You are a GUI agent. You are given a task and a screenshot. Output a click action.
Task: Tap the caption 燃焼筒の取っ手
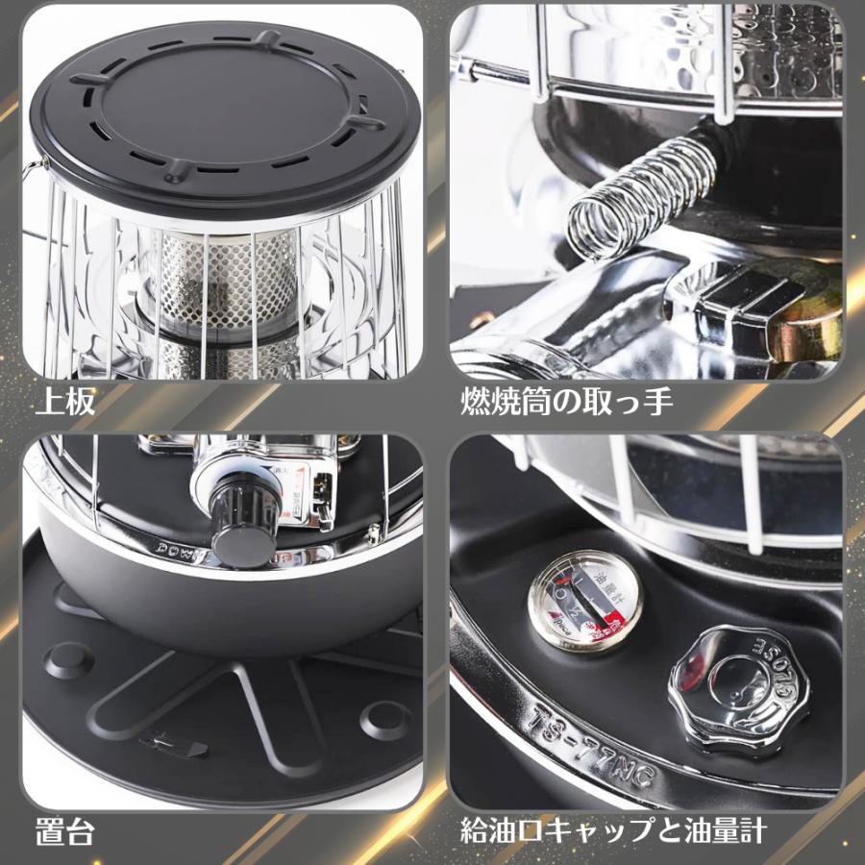click(x=566, y=401)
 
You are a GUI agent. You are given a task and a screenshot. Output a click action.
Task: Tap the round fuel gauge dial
click(x=585, y=601)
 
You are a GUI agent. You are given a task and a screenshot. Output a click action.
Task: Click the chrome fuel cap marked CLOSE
click(x=737, y=680)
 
